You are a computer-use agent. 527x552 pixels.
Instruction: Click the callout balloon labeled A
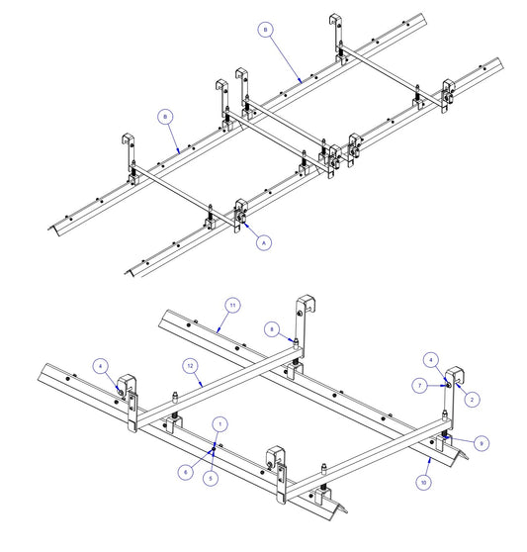264,242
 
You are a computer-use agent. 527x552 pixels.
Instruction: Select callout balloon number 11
232,306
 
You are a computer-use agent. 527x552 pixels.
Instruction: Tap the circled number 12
190,366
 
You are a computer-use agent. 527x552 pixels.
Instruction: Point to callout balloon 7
419,386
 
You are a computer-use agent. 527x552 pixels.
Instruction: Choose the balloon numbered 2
472,400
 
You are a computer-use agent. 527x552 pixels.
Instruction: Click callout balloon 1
220,424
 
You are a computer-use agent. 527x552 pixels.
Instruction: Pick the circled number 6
186,472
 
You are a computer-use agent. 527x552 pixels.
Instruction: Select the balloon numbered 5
211,478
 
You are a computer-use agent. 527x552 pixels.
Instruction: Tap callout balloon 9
482,443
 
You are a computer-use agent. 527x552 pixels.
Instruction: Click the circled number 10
423,483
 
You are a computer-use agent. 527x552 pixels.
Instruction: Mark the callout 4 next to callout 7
431,360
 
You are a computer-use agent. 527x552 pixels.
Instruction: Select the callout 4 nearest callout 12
101,366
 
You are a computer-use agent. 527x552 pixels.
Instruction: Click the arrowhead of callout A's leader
244,224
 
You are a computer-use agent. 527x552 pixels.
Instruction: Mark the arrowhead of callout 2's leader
458,386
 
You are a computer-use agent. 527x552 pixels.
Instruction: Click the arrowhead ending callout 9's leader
447,437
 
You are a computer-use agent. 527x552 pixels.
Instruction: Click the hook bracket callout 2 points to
455,376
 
